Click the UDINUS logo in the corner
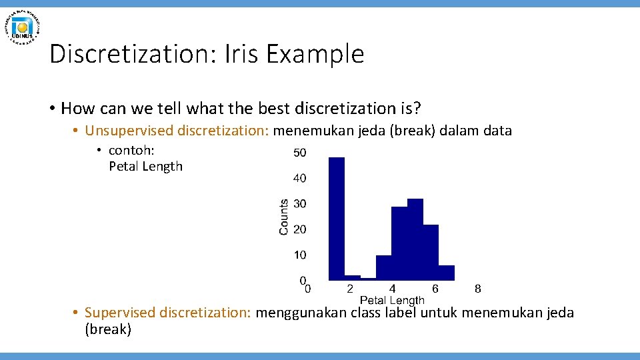click(x=23, y=27)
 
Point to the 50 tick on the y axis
click(x=300, y=153)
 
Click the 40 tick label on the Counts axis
click(x=300, y=178)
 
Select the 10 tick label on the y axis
click(x=300, y=255)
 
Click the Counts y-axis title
click(x=284, y=217)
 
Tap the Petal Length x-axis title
click(x=392, y=300)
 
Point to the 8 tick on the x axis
click(x=477, y=289)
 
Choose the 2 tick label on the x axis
click(x=350, y=289)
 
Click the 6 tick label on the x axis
click(x=435, y=289)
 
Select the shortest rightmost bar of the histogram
click(x=447, y=273)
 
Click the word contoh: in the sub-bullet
click(x=131, y=150)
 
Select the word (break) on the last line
click(x=108, y=329)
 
